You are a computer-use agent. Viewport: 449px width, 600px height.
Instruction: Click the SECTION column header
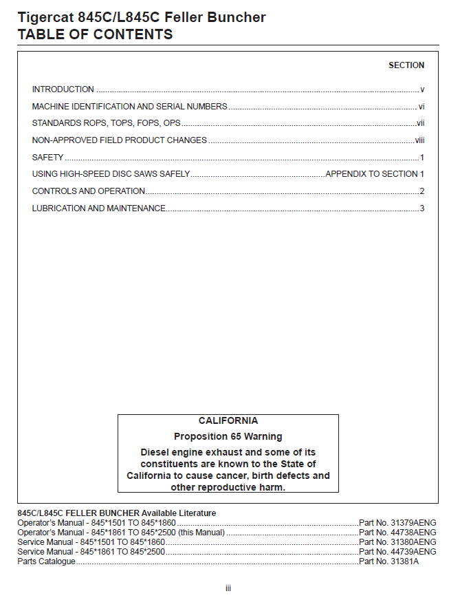click(406, 65)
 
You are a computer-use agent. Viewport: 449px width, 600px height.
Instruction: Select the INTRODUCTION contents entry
click(63, 89)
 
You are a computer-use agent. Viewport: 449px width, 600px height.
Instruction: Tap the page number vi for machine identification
click(421, 107)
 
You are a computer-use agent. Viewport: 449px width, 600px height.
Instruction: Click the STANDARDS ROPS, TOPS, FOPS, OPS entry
click(107, 123)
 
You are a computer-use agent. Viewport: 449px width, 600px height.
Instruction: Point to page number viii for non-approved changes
click(419, 140)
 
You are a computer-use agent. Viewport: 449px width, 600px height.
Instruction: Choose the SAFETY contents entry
click(47, 158)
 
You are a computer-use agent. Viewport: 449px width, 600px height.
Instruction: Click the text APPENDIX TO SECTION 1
click(375, 174)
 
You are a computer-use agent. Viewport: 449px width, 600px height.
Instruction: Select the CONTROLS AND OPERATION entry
click(89, 191)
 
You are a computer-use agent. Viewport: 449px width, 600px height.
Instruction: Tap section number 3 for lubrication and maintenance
click(422, 208)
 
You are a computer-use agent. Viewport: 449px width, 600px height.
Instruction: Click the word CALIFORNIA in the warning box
click(228, 420)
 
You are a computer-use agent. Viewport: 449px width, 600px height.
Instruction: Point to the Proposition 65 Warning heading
click(228, 436)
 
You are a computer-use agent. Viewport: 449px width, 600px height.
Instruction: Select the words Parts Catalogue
click(46, 561)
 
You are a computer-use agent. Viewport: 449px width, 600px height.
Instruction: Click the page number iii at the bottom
click(228, 588)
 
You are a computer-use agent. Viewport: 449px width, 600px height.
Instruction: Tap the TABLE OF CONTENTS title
click(95, 34)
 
